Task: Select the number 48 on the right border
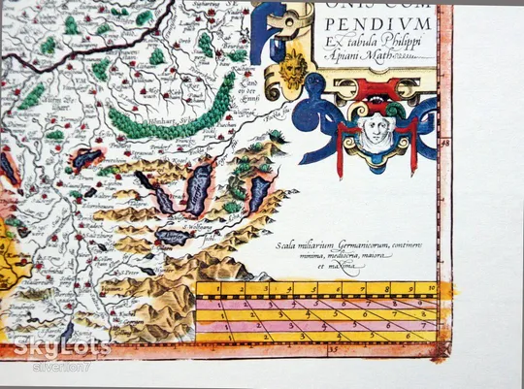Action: click(x=445, y=142)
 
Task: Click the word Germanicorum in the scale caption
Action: click(x=359, y=245)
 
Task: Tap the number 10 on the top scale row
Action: click(x=428, y=288)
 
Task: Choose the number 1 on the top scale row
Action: click(x=221, y=288)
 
